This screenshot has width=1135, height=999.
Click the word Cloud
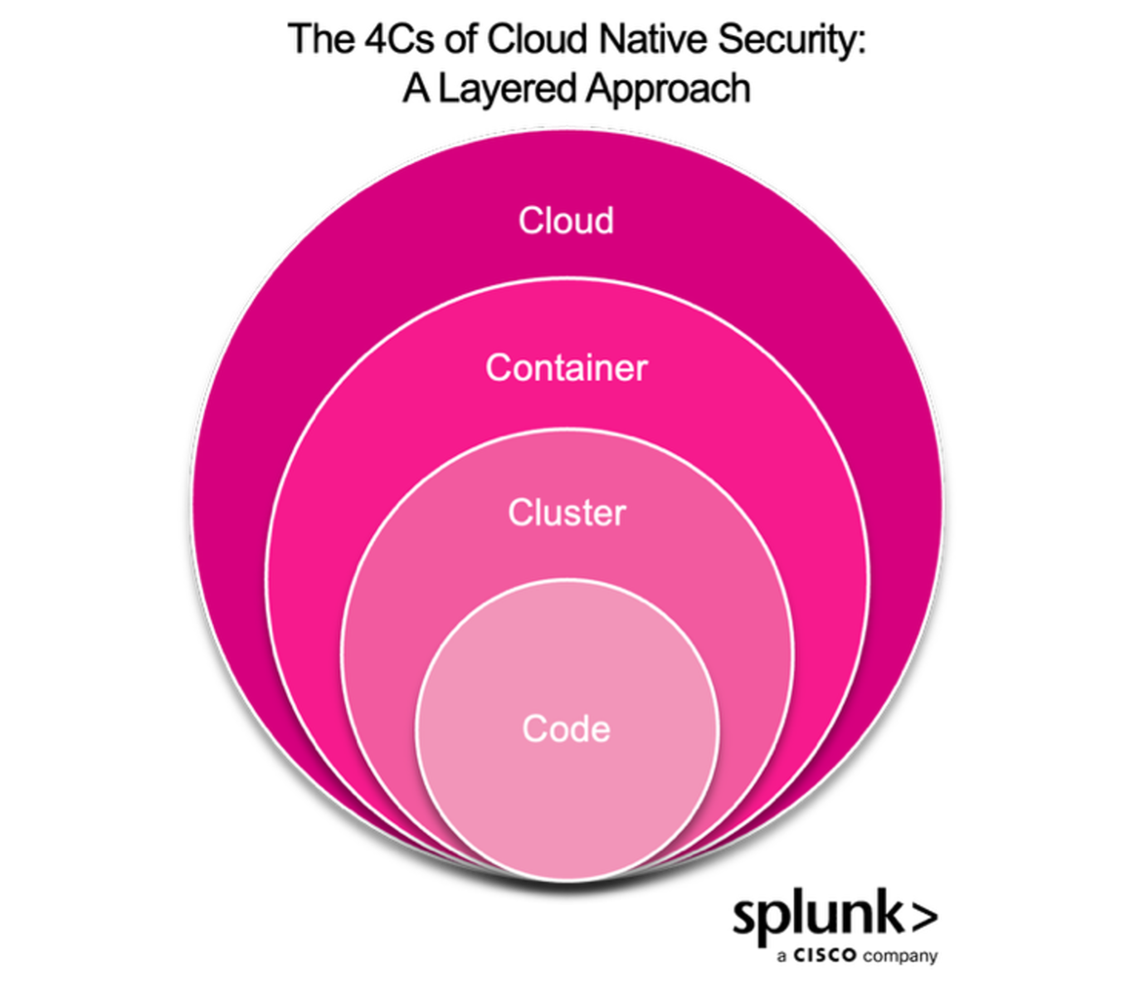566,221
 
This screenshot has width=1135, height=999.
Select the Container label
566,368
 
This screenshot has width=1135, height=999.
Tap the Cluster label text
567,512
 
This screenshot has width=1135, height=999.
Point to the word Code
567,729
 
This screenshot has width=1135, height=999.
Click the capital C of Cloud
529,221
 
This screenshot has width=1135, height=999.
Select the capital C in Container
497,368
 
